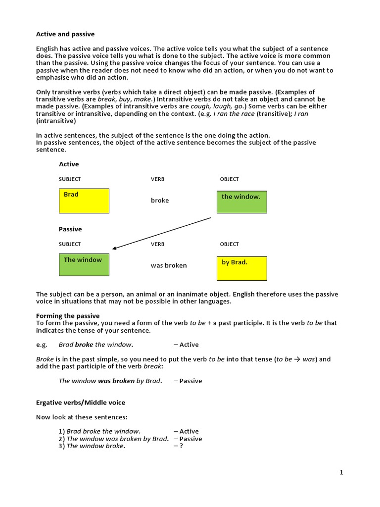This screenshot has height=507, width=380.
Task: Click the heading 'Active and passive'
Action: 65,34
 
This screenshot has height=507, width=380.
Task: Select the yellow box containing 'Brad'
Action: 84,201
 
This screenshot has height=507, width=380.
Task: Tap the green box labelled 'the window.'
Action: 242,202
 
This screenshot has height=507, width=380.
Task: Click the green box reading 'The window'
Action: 84,265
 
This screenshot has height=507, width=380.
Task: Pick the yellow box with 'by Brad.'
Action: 242,268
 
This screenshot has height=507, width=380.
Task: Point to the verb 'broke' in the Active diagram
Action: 160,201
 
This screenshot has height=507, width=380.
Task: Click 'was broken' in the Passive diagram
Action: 169,265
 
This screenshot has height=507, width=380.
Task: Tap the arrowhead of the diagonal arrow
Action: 114,249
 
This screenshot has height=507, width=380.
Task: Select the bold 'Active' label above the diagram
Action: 69,164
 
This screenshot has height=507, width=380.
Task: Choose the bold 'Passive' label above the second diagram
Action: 70,229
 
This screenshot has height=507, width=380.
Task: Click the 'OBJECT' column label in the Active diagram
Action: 229,179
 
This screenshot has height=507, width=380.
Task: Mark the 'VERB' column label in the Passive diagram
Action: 157,244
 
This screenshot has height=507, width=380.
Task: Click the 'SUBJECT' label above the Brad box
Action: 70,179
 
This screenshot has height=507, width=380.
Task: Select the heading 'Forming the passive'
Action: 68,316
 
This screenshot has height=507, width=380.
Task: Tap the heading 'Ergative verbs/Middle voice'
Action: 81,403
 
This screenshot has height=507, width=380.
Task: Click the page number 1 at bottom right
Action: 341,472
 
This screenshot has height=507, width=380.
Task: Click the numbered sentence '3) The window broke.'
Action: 92,446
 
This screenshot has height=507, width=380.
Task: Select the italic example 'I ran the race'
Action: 234,114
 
